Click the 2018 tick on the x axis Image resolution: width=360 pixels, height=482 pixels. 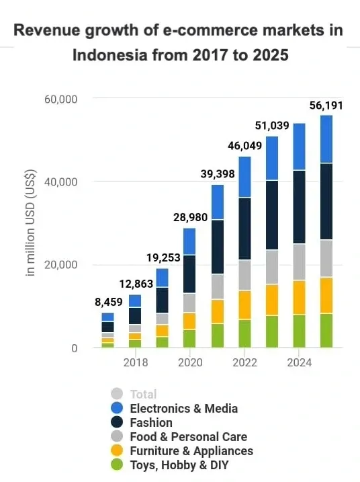click(135, 362)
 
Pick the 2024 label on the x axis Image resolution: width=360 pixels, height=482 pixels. click(299, 362)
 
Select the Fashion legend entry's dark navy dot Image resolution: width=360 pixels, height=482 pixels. click(118, 423)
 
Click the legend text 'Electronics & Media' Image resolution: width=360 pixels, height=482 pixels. click(183, 408)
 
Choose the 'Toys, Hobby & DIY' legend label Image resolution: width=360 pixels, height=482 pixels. click(180, 465)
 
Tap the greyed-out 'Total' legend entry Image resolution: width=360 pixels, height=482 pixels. click(143, 394)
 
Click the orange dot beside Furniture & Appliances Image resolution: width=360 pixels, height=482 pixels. click(118, 451)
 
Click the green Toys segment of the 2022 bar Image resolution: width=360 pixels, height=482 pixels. click(244, 333)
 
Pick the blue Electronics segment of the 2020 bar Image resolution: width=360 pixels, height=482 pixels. click(189, 241)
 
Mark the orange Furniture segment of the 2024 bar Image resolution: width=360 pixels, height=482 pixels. click(299, 297)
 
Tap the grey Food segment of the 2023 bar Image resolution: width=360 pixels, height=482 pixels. click(272, 267)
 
